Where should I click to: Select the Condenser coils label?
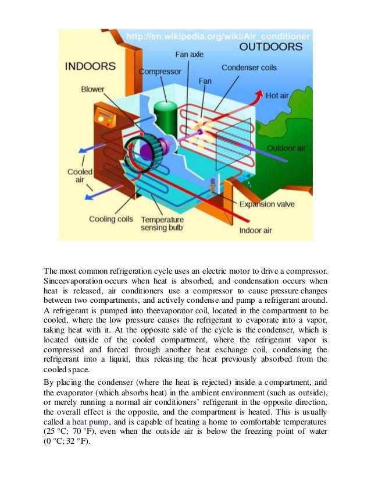pos(249,67)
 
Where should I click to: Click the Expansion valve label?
pos(267,204)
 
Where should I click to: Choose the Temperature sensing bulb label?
pos(162,224)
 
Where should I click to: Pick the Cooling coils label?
pos(111,220)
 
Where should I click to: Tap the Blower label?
pos(93,90)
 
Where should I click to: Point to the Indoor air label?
pos(256,231)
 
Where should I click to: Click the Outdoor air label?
pos(286,148)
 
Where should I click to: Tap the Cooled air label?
pos(77,176)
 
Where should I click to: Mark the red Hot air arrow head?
pos(257,94)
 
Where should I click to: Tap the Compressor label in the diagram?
pos(159,71)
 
